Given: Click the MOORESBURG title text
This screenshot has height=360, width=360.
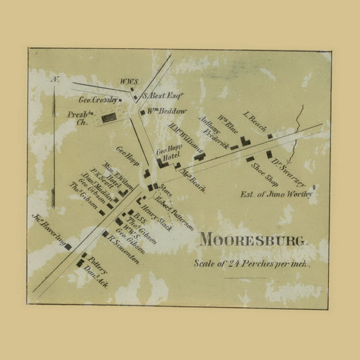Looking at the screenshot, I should [x=254, y=239].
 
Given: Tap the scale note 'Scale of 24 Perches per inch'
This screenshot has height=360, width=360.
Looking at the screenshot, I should [x=252, y=264].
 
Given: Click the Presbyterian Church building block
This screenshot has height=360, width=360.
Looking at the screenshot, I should [x=109, y=118].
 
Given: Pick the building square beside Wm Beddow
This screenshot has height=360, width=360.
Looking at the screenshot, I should [x=143, y=112].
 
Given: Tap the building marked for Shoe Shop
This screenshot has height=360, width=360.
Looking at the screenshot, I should [x=250, y=158].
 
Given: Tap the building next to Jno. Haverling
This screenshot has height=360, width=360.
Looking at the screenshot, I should [x=68, y=246].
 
